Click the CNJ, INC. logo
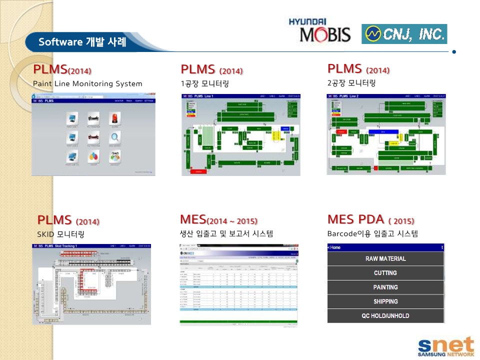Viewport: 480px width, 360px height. (404, 34)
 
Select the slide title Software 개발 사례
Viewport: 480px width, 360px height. (82, 42)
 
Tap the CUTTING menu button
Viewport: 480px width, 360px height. (385, 273)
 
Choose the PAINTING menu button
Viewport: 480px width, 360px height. (385, 287)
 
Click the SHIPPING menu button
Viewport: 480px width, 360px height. (385, 301)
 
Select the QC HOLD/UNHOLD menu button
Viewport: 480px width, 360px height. (385, 316)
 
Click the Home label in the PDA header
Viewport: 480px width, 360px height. (334, 247)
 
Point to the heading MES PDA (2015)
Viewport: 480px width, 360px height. (370, 219)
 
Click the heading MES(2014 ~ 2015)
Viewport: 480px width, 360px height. (218, 219)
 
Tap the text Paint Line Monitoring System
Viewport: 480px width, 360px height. (87, 83)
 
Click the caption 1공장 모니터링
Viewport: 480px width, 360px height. (205, 83)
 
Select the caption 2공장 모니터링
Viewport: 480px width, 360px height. (351, 83)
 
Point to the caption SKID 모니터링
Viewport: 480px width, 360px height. (60, 234)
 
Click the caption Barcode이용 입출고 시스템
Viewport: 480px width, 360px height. (372, 233)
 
